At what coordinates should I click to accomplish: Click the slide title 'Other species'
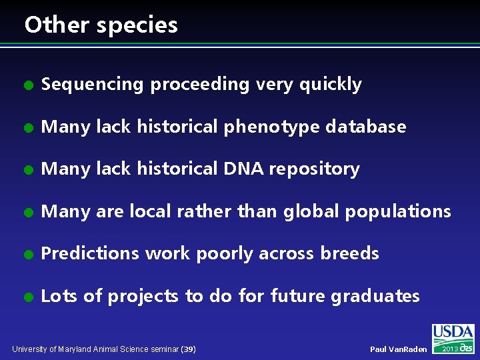point(101,25)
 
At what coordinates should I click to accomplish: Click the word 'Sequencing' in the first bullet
point(92,85)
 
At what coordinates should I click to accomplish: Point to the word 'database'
point(365,127)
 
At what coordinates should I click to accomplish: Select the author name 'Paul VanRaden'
point(398,349)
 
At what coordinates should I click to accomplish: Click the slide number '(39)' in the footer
point(188,349)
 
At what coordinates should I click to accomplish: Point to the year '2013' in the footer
point(449,349)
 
